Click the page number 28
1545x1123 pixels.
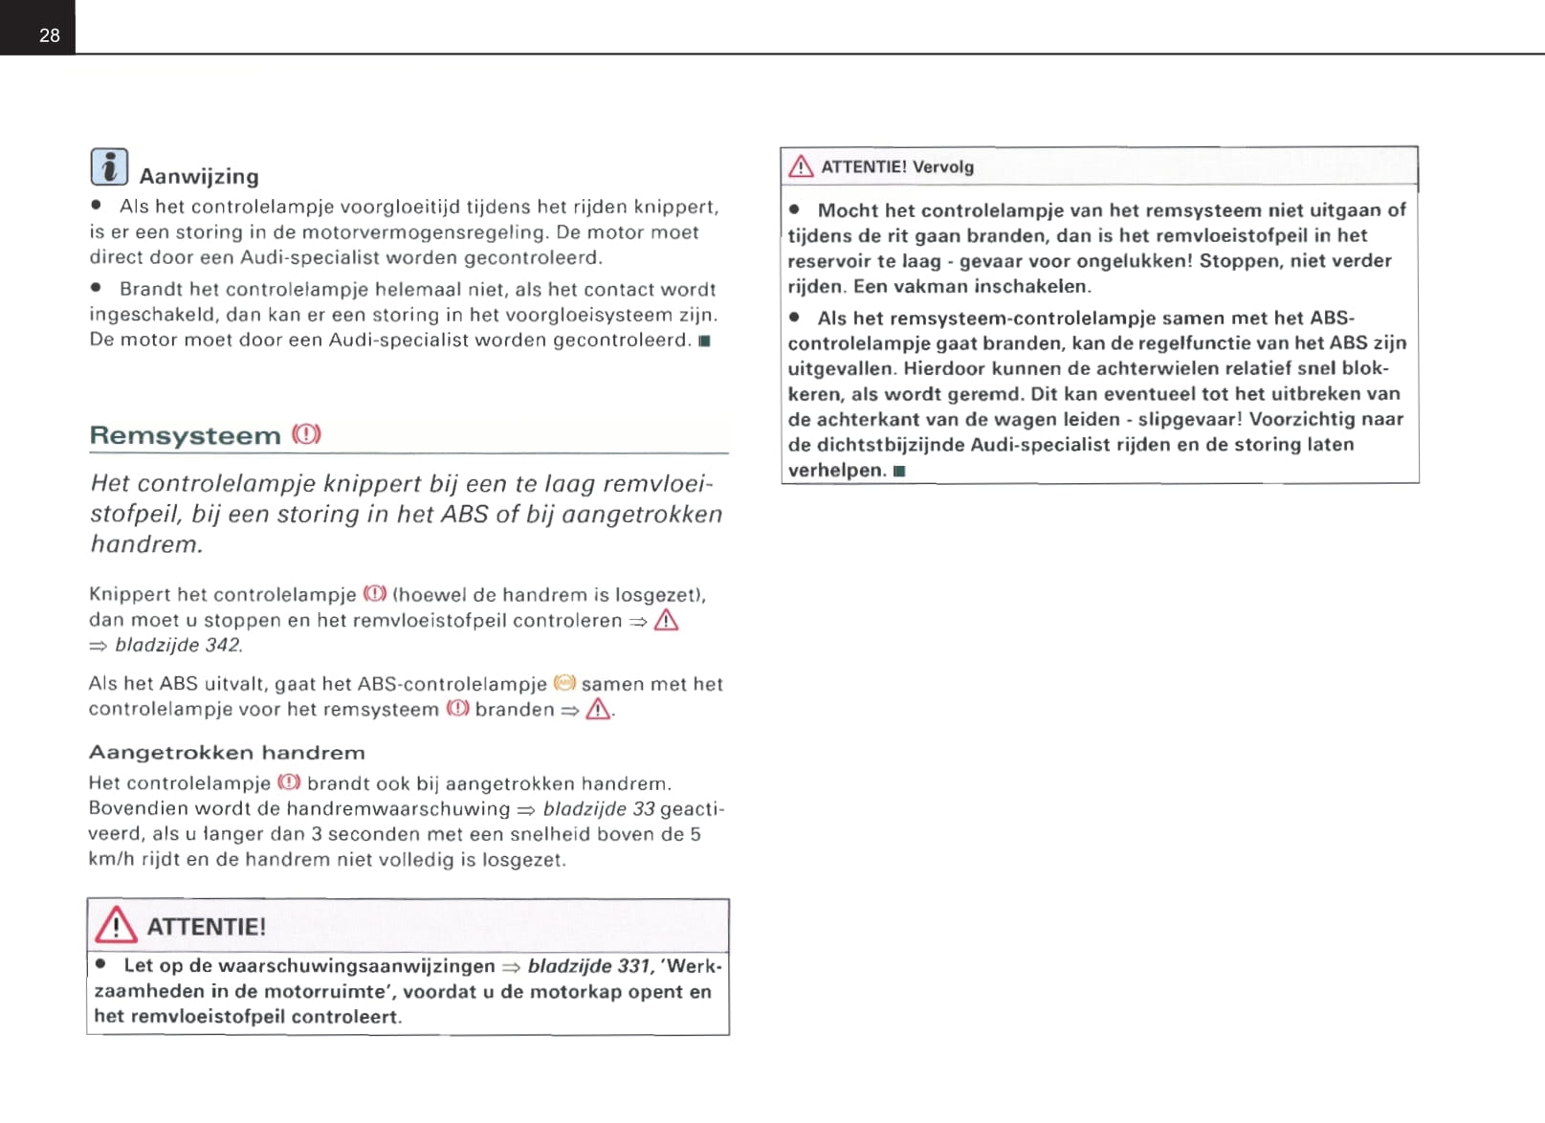pyautogui.click(x=50, y=35)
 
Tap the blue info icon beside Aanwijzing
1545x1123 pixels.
pyautogui.click(x=109, y=167)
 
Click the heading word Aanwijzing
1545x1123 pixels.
pyautogui.click(x=199, y=176)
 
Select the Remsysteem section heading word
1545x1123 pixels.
pyautogui.click(x=185, y=435)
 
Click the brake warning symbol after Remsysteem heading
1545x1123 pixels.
pyautogui.click(x=307, y=434)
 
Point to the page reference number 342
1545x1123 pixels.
pyautogui.click(x=223, y=645)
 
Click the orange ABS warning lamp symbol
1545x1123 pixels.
pyautogui.click(x=565, y=683)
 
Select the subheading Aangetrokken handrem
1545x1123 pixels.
pyautogui.click(x=227, y=753)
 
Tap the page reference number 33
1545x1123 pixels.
pyautogui.click(x=644, y=808)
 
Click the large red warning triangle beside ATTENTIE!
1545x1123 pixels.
pyautogui.click(x=116, y=925)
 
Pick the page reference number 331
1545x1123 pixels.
pyautogui.click(x=632, y=966)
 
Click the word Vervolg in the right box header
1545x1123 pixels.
pyautogui.click(x=942, y=166)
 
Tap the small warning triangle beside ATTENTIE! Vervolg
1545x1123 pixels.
pyautogui.click(x=801, y=167)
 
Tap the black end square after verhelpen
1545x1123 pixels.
pyautogui.click(x=899, y=471)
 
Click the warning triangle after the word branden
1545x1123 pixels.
pyautogui.click(x=599, y=709)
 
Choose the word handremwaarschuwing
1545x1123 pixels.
pyautogui.click(x=398, y=809)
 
